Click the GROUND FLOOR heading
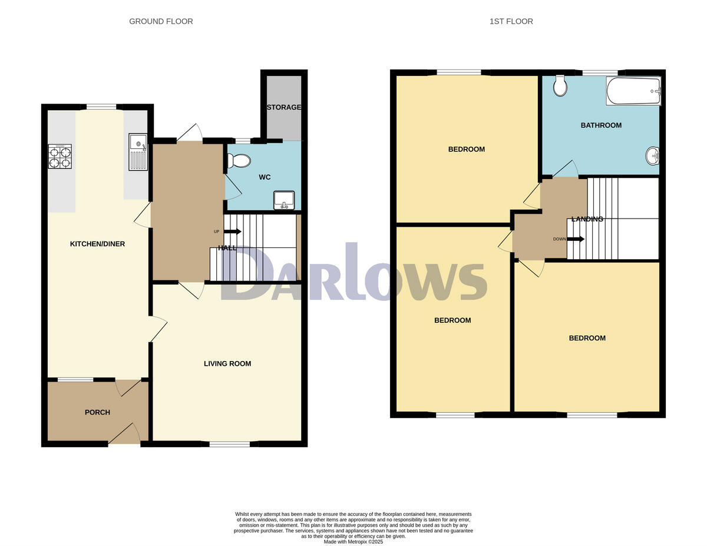161,21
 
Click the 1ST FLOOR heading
511,21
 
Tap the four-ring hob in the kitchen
60,157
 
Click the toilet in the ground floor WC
238,160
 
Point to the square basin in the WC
285,200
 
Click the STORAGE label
284,107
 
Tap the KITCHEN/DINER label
97,244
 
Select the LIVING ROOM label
227,363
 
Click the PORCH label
97,412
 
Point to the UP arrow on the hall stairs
233,231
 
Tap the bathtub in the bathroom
633,91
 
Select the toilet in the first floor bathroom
560,86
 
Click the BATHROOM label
601,125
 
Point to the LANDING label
587,219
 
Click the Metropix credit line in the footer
353,541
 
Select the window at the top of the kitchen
101,107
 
